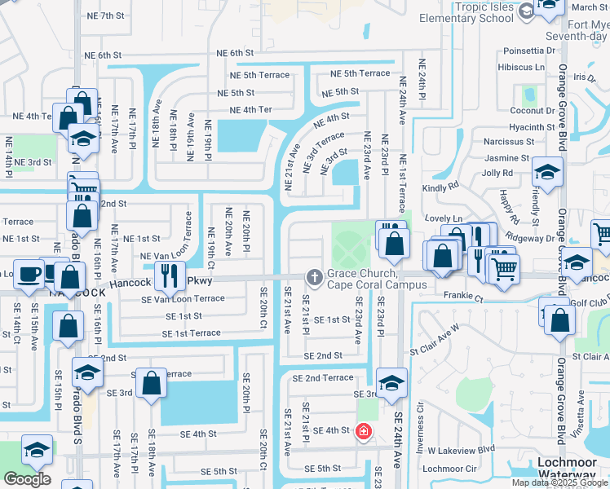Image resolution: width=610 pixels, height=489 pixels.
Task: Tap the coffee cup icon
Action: pos(30,274)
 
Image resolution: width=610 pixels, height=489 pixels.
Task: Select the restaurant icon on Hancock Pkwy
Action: pos(170,275)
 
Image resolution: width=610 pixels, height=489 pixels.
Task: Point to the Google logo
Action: pos(27,478)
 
